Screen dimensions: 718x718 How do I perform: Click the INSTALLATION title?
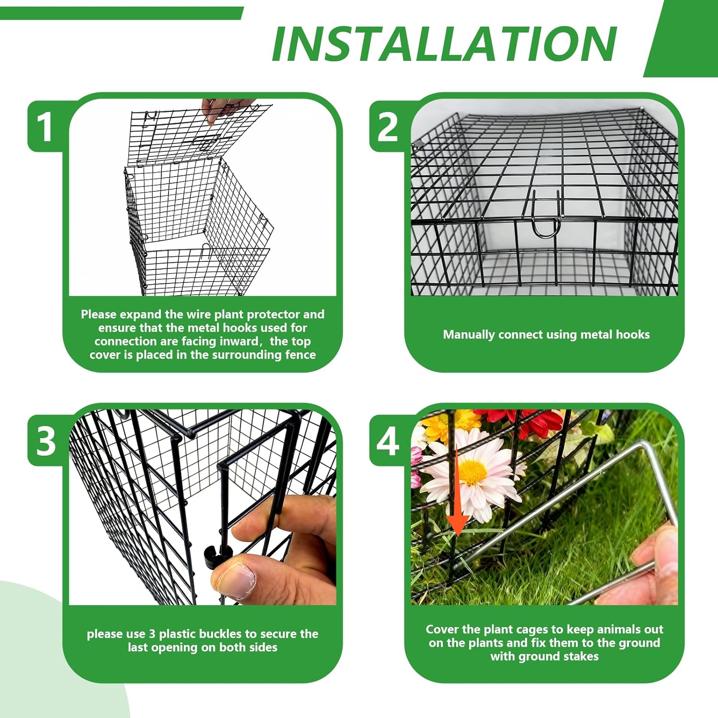[444, 44]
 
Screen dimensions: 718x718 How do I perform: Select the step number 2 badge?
[388, 127]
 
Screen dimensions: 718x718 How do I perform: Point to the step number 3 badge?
[46, 440]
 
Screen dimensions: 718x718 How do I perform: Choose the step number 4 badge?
[388, 440]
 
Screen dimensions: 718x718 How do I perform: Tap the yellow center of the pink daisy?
[473, 471]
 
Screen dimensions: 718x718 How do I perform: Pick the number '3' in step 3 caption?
[152, 634]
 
